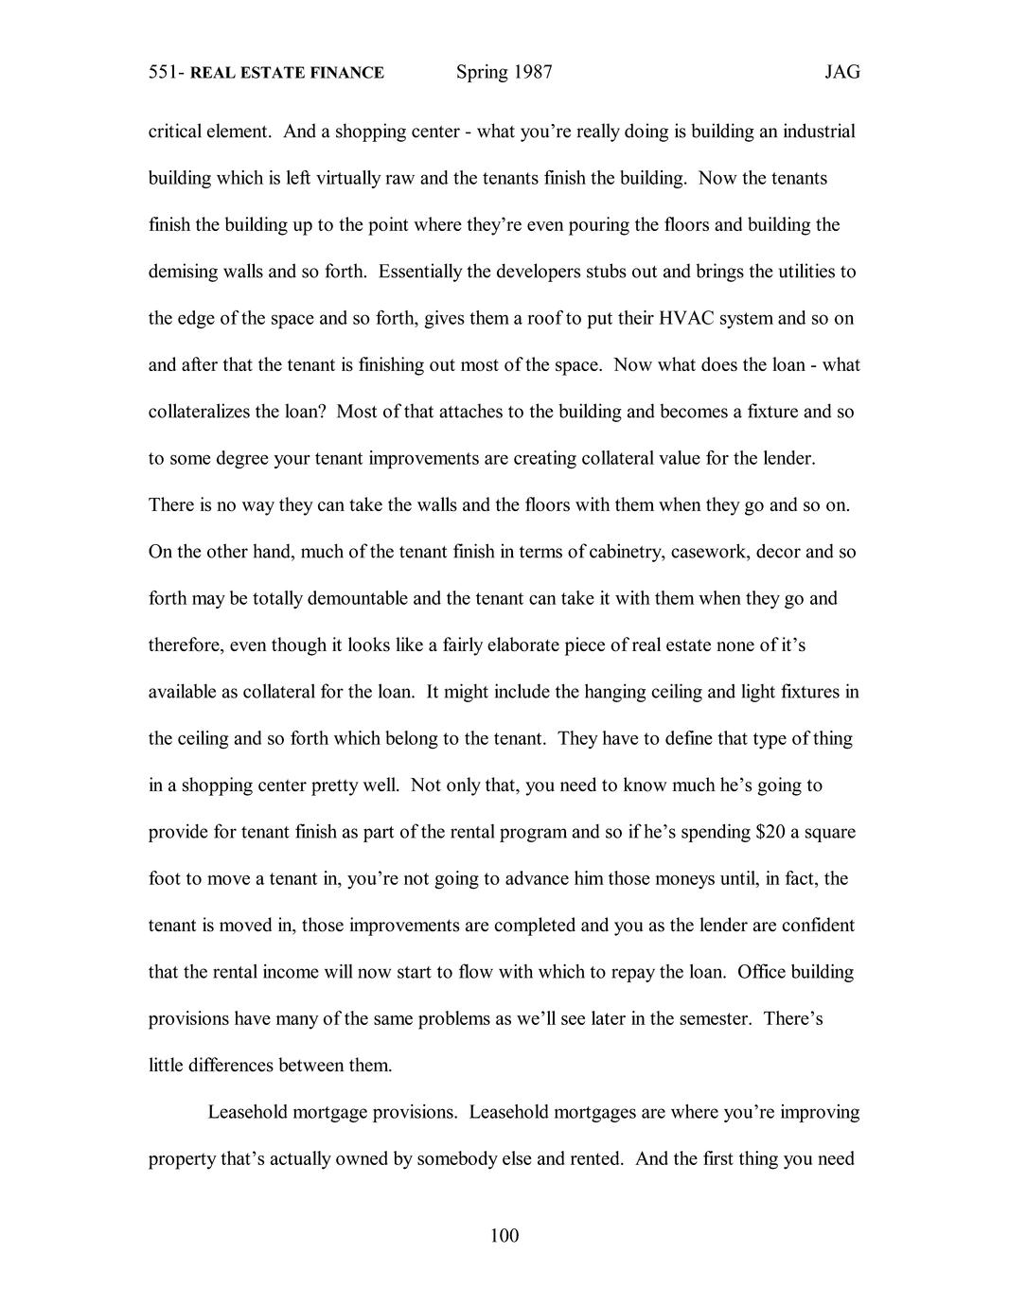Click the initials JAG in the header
841,73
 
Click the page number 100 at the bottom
504,1235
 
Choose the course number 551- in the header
167,73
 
